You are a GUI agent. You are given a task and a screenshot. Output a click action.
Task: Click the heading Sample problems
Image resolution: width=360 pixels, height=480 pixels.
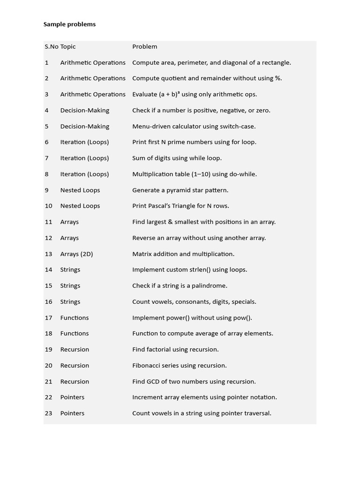tap(69, 24)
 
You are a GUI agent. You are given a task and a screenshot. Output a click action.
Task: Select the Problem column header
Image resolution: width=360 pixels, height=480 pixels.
tap(144, 46)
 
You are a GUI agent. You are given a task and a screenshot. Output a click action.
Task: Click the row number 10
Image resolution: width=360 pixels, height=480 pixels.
tap(49, 206)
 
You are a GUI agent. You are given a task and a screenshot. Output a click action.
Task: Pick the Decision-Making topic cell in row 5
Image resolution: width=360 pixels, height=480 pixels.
tap(84, 126)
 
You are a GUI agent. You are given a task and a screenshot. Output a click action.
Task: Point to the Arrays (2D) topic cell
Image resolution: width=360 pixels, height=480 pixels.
tap(76, 254)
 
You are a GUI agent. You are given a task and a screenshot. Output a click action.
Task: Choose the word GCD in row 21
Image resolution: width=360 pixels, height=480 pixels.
tap(154, 382)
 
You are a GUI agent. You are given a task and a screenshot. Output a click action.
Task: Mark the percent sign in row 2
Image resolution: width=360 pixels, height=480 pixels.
tap(278, 78)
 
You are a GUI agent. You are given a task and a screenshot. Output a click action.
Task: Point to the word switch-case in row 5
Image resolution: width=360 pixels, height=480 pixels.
tap(237, 126)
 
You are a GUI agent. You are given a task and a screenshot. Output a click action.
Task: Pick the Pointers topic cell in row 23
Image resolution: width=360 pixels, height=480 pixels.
tap(72, 413)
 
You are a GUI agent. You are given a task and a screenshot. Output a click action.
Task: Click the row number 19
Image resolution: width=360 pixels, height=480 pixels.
tap(49, 349)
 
